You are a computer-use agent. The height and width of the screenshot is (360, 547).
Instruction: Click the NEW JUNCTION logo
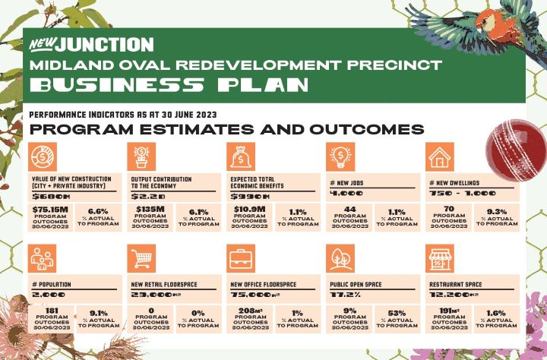90,45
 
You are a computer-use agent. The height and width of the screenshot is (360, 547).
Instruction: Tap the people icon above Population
40,258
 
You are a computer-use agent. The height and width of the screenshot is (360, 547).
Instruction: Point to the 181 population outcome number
49,311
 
